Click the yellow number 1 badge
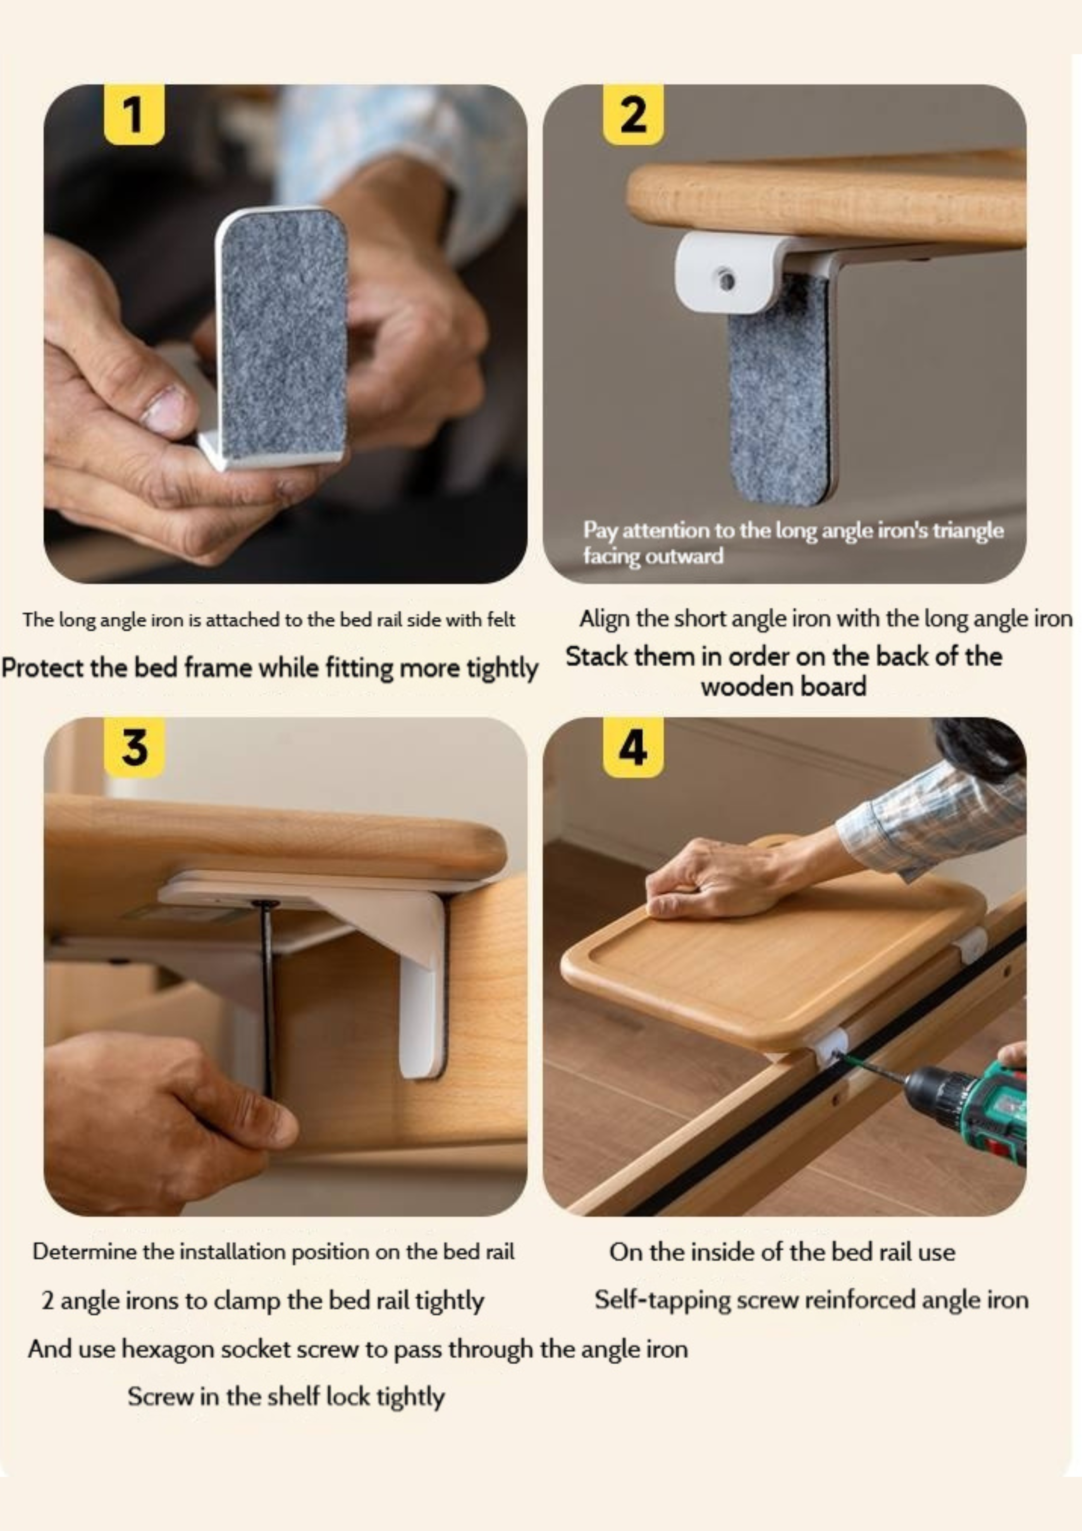pos(134,114)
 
